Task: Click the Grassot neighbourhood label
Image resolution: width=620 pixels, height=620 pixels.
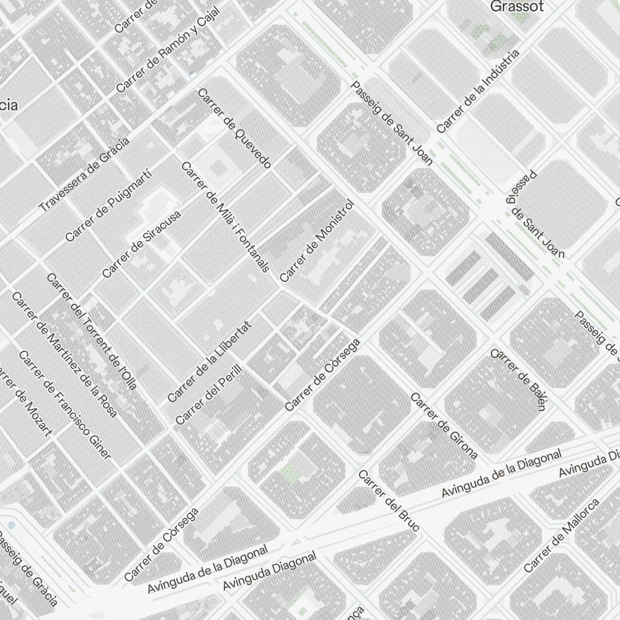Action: [516, 7]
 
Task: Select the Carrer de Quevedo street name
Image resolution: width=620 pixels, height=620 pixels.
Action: [234, 128]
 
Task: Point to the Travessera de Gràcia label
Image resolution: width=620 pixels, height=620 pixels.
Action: [84, 175]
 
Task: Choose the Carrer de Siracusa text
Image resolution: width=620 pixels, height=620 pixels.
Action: [141, 245]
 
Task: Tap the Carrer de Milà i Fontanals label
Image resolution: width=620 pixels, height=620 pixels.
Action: [225, 217]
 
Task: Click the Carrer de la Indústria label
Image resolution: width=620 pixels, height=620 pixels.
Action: [477, 92]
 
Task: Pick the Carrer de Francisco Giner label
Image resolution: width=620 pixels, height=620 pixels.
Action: [65, 405]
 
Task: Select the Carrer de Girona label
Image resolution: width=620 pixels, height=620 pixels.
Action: [444, 426]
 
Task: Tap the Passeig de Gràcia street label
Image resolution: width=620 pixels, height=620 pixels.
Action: [29, 568]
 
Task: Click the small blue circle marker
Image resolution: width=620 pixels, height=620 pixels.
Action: [11, 525]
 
